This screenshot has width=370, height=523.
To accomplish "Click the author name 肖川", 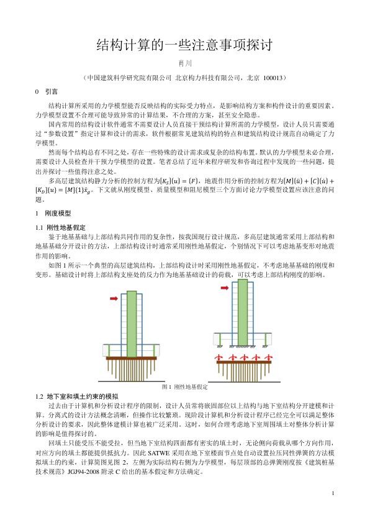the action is pyautogui.click(x=184, y=64).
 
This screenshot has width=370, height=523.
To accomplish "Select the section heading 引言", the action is pyautogui.click(x=52, y=91).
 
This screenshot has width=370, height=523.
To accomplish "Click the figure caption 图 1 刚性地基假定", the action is pyautogui.click(x=184, y=386).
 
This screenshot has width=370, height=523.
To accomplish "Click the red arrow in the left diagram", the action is pyautogui.click(x=114, y=299).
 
